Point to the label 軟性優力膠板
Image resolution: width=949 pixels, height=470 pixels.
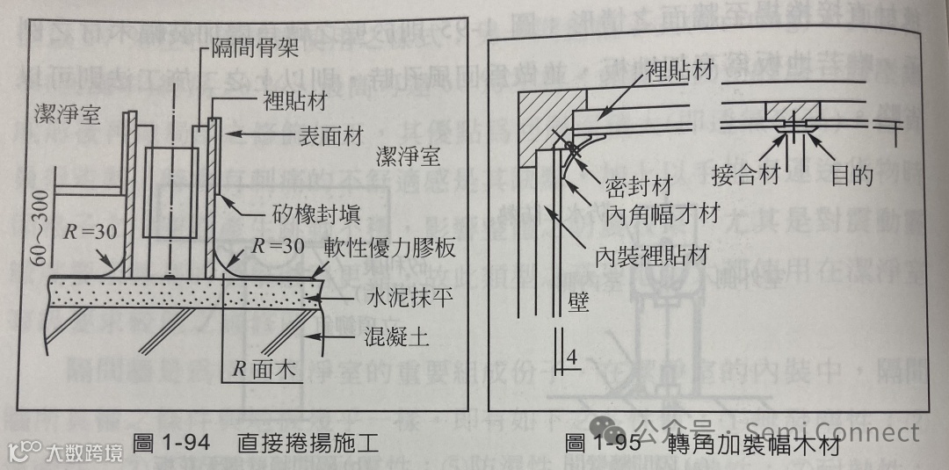click(x=388, y=249)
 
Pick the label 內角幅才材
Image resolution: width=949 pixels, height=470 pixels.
click(x=663, y=213)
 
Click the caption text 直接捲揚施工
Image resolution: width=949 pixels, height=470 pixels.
click(x=308, y=444)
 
